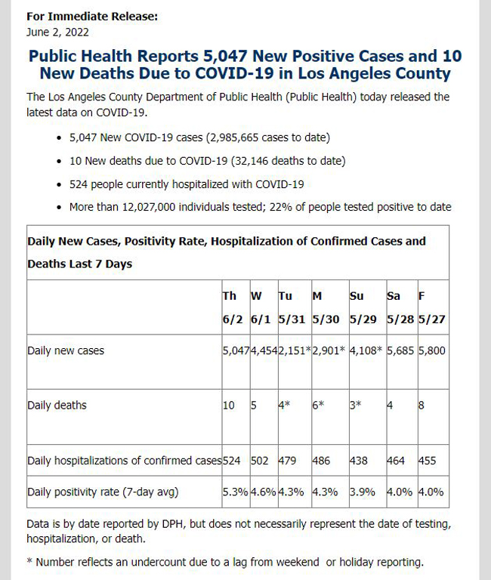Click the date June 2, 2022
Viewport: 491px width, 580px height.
pyautogui.click(x=57, y=32)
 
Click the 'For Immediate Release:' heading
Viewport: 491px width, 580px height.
pyautogui.click(x=92, y=17)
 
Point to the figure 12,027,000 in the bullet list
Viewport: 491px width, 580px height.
pyautogui.click(x=149, y=207)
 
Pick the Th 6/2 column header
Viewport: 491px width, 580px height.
pyautogui.click(x=233, y=307)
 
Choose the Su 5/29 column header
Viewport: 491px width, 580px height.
pyautogui.click(x=363, y=307)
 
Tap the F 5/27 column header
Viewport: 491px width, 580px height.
pyautogui.click(x=432, y=307)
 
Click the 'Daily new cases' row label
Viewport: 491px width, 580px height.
pyautogui.click(x=66, y=350)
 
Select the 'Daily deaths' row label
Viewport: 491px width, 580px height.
pyautogui.click(x=57, y=405)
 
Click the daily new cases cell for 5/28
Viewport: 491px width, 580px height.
pyautogui.click(x=400, y=350)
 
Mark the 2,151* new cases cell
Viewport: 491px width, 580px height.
pyautogui.click(x=295, y=350)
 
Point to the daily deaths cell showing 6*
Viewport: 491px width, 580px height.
pyautogui.click(x=318, y=405)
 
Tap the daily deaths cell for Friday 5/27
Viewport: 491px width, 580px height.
pyautogui.click(x=421, y=405)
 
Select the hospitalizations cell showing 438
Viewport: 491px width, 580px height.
pyautogui.click(x=359, y=461)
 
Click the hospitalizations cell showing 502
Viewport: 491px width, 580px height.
pyautogui.click(x=259, y=461)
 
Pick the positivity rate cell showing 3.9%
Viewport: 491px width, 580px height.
pyautogui.click(x=363, y=492)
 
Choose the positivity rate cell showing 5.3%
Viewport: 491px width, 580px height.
pyautogui.click(x=236, y=492)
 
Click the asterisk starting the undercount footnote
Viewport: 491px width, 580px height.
pyautogui.click(x=29, y=560)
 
